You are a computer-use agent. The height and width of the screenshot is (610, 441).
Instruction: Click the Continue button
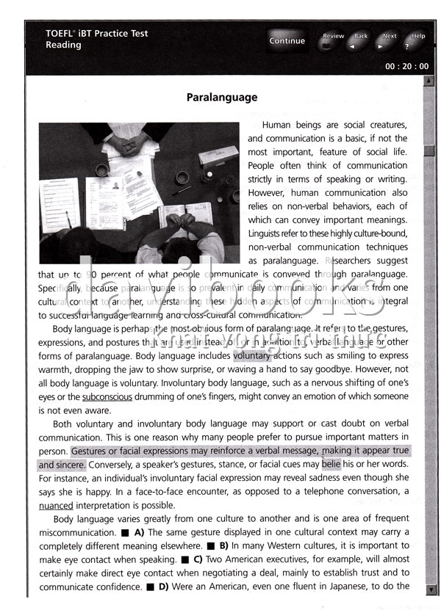click(x=287, y=41)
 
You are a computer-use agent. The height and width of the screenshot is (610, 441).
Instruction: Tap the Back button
click(x=360, y=41)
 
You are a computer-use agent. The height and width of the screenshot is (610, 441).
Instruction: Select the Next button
click(x=389, y=41)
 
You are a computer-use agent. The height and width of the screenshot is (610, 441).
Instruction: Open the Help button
click(x=417, y=41)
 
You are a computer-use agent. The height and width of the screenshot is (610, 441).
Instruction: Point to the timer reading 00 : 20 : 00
click(x=406, y=66)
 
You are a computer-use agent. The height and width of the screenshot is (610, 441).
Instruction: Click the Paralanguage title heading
click(x=222, y=97)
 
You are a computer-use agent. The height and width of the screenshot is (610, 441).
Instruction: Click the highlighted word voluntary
click(x=251, y=355)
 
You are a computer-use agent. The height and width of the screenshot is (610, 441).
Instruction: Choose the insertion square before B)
click(x=210, y=546)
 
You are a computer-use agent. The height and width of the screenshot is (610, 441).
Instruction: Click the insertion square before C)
click(x=187, y=560)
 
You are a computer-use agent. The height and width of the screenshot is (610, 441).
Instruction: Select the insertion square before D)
click(x=150, y=587)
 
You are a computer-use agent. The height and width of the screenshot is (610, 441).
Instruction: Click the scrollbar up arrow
click(x=429, y=81)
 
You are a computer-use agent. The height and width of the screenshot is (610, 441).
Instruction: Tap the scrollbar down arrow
click(x=429, y=589)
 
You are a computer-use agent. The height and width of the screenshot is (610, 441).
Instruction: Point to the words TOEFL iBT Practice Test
click(x=97, y=34)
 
